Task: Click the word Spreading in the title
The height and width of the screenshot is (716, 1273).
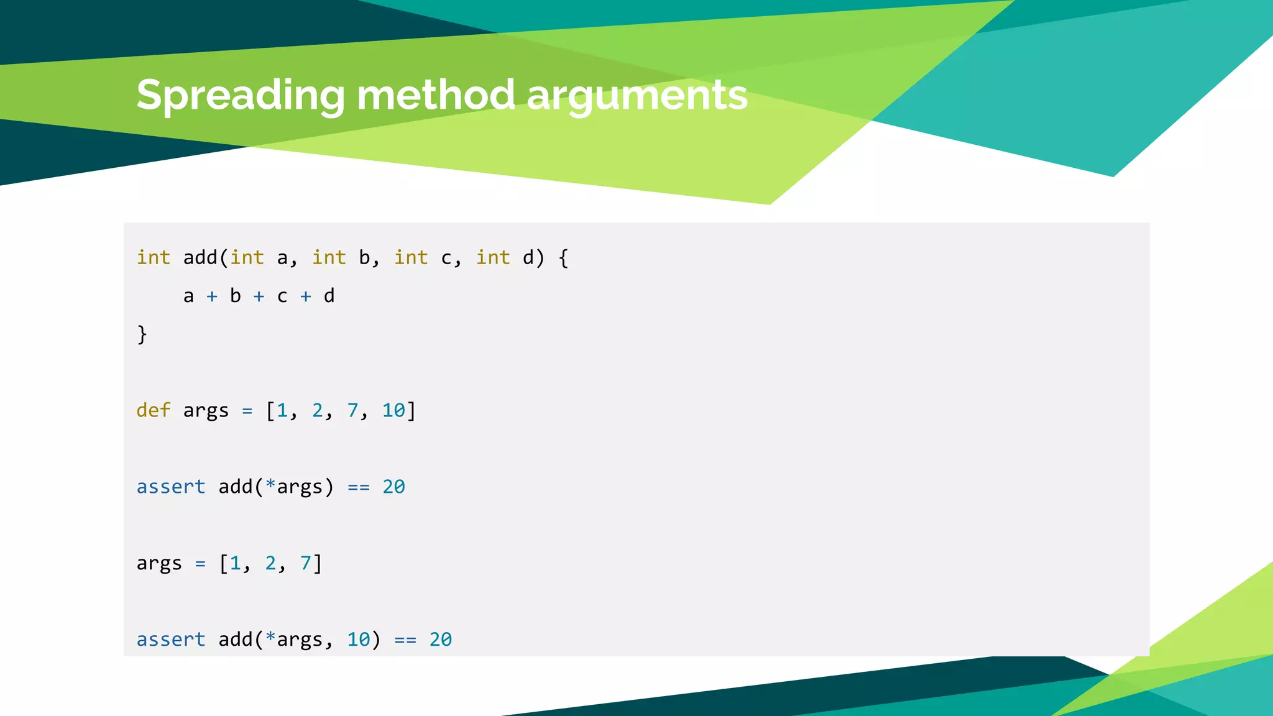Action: pyautogui.click(x=240, y=96)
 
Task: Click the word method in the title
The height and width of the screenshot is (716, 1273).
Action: pyautogui.click(x=435, y=96)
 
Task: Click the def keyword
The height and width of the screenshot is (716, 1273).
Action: pyautogui.click(x=153, y=410)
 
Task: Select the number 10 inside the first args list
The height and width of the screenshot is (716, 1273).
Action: pyautogui.click(x=393, y=410)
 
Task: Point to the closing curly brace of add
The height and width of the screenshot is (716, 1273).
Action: pyautogui.click(x=142, y=334)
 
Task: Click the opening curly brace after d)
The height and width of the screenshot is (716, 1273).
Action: pyautogui.click(x=563, y=257)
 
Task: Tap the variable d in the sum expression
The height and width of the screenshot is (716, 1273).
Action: pyautogui.click(x=329, y=296)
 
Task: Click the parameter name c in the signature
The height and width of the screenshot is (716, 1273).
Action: pyautogui.click(x=446, y=258)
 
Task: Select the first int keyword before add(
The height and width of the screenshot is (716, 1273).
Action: pyautogui.click(x=153, y=257)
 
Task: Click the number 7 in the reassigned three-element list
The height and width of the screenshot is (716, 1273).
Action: pyautogui.click(x=306, y=563)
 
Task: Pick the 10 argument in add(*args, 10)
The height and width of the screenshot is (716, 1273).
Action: pyautogui.click(x=358, y=640)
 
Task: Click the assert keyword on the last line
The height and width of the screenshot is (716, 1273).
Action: pyautogui.click(x=170, y=640)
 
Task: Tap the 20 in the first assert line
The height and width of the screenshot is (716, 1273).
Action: pyautogui.click(x=393, y=487)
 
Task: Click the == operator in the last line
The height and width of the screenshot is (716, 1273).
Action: pyautogui.click(x=405, y=640)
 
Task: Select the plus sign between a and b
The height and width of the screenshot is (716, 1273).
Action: pyautogui.click(x=212, y=296)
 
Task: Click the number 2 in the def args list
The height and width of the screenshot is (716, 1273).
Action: pyautogui.click(x=317, y=410)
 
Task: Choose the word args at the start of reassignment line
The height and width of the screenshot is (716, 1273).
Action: pyautogui.click(x=159, y=564)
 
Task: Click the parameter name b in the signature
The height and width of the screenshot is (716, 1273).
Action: pyautogui.click(x=364, y=257)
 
